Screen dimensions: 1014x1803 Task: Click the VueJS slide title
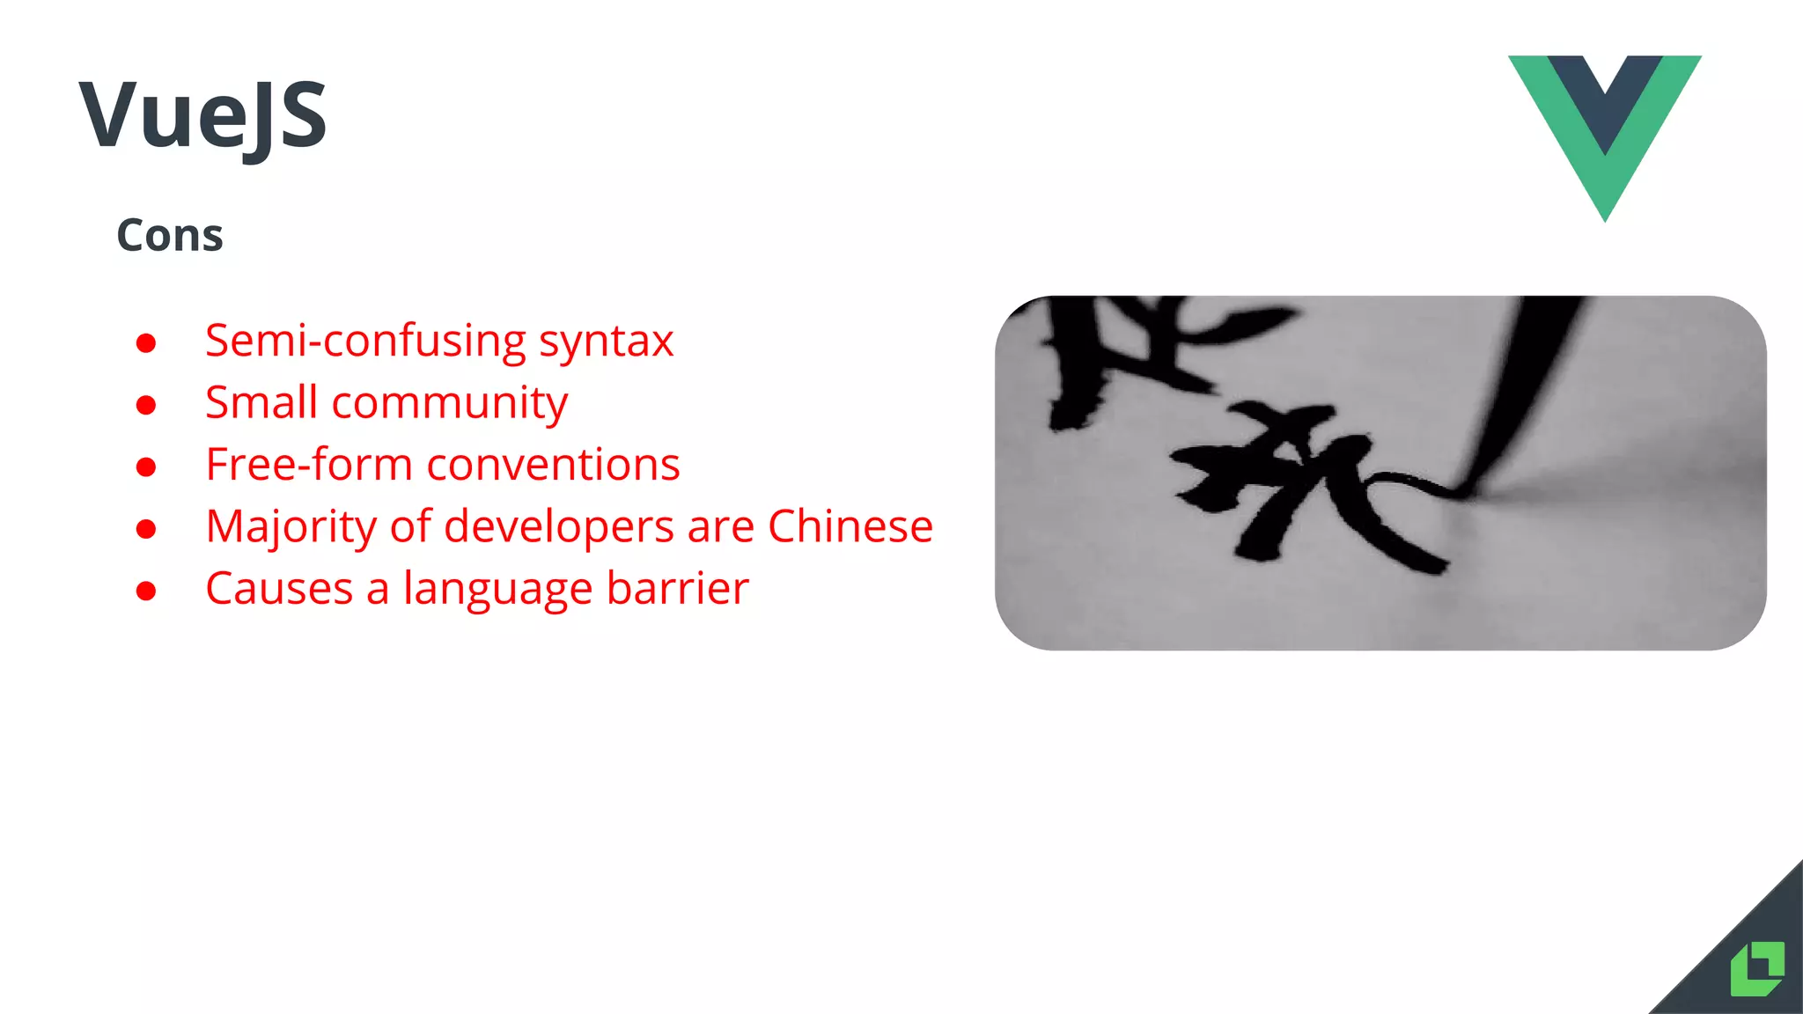(x=203, y=115)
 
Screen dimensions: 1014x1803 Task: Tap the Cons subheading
(x=170, y=236)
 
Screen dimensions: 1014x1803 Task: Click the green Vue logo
(x=1604, y=132)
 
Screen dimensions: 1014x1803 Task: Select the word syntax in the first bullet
(x=607, y=342)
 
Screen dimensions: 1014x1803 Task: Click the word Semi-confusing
(x=365, y=342)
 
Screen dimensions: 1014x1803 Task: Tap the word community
(x=450, y=404)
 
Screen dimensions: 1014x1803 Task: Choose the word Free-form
(x=309, y=464)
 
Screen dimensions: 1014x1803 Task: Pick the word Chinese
(x=850, y=525)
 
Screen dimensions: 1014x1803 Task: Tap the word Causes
(x=279, y=588)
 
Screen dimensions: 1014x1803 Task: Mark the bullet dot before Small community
(x=146, y=405)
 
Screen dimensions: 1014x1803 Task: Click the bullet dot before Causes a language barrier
(x=146, y=591)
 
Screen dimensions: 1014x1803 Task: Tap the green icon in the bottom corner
(x=1757, y=968)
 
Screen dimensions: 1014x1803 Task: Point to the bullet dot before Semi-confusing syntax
(x=146, y=342)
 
